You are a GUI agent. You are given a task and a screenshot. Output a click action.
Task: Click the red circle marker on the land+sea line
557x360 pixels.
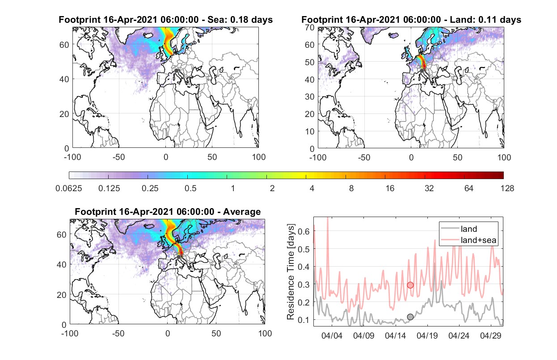tap(410, 285)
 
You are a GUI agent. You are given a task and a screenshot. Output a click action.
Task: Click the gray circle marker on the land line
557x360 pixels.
tap(410, 317)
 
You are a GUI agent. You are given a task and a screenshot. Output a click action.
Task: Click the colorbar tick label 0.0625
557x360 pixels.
tap(69, 188)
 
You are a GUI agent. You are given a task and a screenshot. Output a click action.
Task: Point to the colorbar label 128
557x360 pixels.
tap(507, 188)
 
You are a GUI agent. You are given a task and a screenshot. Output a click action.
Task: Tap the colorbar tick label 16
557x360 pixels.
tap(390, 188)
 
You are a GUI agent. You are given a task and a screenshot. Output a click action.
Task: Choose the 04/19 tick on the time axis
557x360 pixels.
tap(427, 336)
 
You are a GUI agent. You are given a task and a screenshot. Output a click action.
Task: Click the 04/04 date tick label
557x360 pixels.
tap(332, 336)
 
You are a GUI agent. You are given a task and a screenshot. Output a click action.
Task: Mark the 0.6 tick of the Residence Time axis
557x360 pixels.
tap(304, 231)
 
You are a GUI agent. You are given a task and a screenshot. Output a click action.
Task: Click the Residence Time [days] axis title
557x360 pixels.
tap(291, 272)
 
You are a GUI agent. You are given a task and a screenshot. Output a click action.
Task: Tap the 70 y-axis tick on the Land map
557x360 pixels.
tap(310, 28)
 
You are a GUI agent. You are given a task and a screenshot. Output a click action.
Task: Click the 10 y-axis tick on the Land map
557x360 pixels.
tap(310, 131)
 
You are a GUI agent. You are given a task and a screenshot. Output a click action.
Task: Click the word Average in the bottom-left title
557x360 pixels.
tap(242, 212)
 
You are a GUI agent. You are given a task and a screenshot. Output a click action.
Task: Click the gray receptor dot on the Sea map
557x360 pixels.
tap(176, 71)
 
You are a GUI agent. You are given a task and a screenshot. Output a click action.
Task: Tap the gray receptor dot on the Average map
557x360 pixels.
tap(178, 257)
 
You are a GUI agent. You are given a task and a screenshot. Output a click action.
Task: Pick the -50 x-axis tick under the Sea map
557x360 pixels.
tap(118, 157)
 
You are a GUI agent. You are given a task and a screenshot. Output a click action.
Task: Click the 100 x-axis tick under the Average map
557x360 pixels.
tap(265, 333)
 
